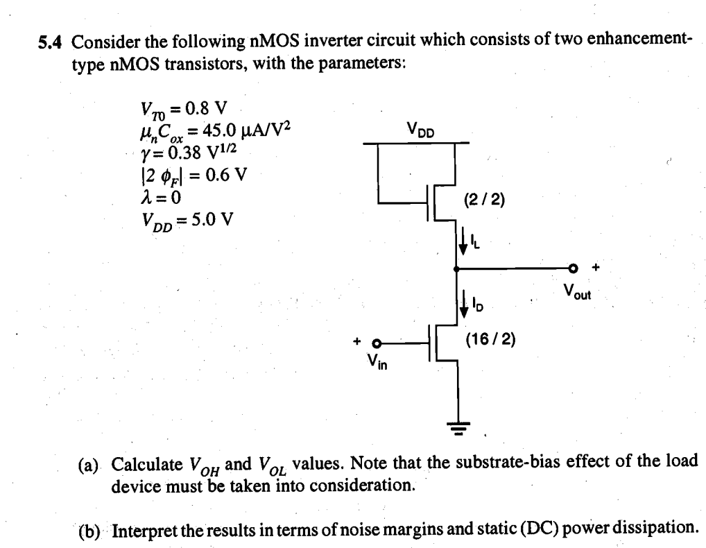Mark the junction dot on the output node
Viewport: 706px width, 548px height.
[456, 268]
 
